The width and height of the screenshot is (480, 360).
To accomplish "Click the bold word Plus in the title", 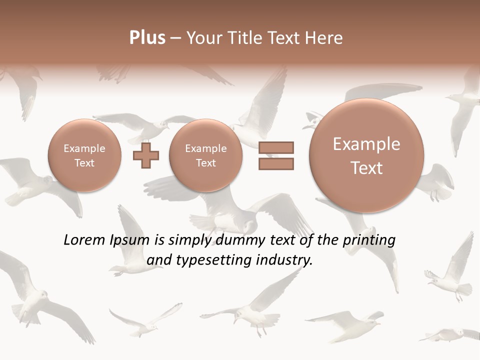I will (x=147, y=38).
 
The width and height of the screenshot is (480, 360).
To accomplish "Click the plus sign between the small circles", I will (x=146, y=155).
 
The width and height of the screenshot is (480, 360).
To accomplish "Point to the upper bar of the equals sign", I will (x=276, y=147).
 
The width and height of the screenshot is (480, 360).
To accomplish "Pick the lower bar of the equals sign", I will (x=276, y=163).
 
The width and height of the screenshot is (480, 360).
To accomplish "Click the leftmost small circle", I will (x=84, y=155).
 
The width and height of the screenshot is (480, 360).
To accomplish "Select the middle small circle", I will (x=206, y=155).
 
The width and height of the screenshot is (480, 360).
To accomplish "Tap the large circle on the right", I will (x=366, y=155).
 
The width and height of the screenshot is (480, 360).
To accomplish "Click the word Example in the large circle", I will (x=366, y=144).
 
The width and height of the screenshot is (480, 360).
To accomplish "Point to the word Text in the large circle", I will (x=366, y=168).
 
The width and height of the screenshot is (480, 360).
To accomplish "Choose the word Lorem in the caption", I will (x=84, y=240).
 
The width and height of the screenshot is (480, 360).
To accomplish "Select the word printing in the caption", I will (x=369, y=240).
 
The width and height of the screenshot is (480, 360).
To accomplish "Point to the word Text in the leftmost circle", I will (x=84, y=163).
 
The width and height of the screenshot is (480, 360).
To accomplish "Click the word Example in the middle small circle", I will (x=206, y=148).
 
